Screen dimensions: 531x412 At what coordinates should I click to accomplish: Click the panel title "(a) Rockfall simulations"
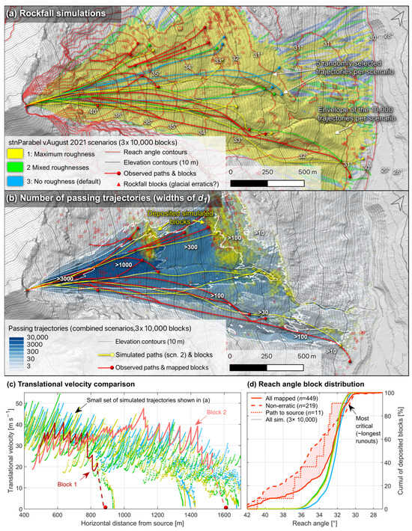tap(56, 11)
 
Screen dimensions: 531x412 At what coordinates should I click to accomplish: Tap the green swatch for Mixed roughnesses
tap(16, 167)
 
